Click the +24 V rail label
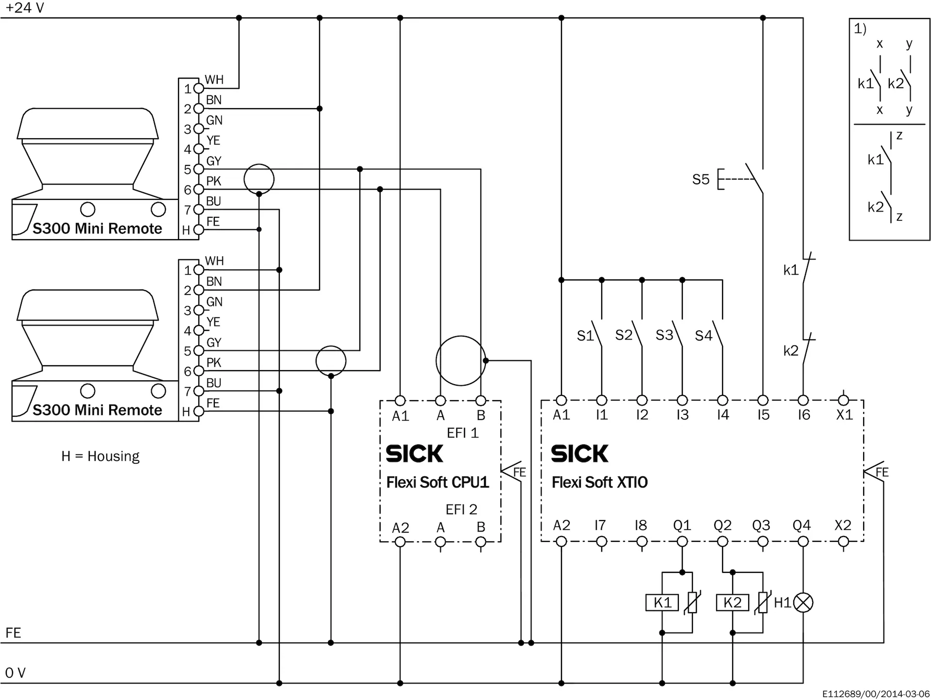click(x=25, y=8)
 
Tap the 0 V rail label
click(x=15, y=673)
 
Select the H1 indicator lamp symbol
click(x=803, y=603)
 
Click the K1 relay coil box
click(x=662, y=603)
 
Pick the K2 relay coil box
click(x=732, y=603)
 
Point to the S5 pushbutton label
click(x=701, y=179)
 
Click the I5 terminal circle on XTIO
click(x=763, y=400)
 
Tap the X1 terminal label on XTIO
click(x=844, y=415)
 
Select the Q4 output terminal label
click(x=802, y=525)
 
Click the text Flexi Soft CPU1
click(x=437, y=482)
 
